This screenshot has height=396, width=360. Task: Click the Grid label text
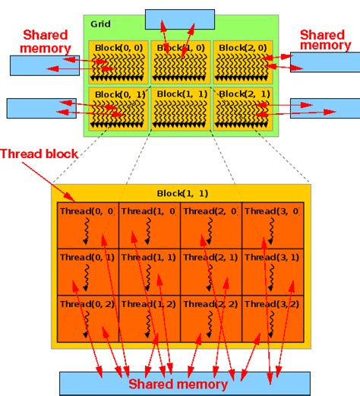point(100,24)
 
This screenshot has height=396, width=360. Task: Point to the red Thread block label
point(39,154)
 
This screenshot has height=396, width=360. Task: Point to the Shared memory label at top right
point(326,40)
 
